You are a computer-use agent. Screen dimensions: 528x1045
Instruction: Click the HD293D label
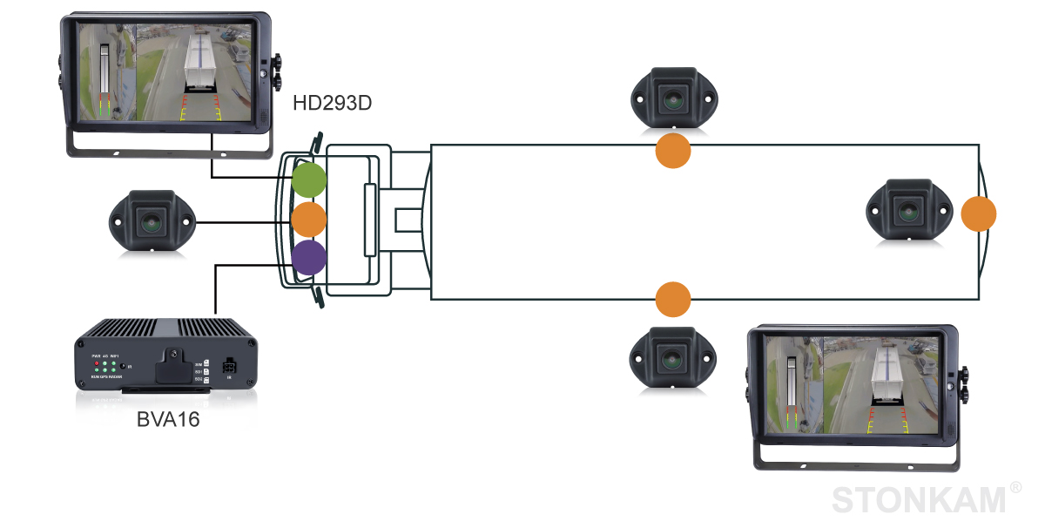pyautogui.click(x=332, y=104)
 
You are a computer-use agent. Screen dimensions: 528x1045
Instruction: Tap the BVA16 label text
pyautogui.click(x=168, y=419)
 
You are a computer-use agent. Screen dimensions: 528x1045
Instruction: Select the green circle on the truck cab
pyautogui.click(x=308, y=179)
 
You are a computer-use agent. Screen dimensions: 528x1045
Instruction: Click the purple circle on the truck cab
pyautogui.click(x=308, y=258)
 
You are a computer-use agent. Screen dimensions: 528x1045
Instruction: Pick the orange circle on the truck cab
pyautogui.click(x=308, y=219)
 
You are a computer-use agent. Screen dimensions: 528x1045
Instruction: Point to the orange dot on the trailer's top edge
pyautogui.click(x=672, y=150)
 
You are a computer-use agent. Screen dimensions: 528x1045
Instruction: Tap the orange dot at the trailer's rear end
pyautogui.click(x=979, y=213)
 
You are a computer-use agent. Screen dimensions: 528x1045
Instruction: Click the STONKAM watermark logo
pyautogui.click(x=919, y=500)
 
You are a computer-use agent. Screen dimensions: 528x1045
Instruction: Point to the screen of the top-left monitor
pyautogui.click(x=165, y=72)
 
